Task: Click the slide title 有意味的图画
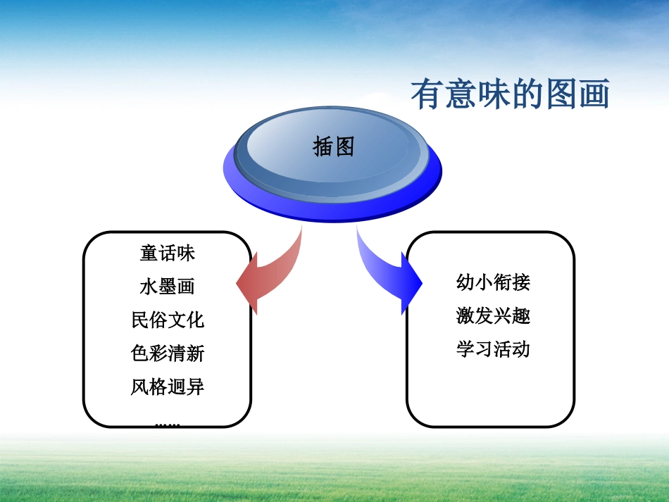(510, 95)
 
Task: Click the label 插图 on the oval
(333, 146)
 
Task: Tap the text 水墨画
(168, 287)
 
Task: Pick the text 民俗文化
(168, 320)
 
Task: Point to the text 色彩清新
(168, 353)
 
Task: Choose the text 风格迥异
(168, 387)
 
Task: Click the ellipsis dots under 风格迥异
(168, 424)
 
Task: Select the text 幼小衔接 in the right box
(493, 283)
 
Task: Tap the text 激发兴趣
(493, 316)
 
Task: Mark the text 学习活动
(493, 349)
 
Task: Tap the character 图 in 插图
(344, 146)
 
